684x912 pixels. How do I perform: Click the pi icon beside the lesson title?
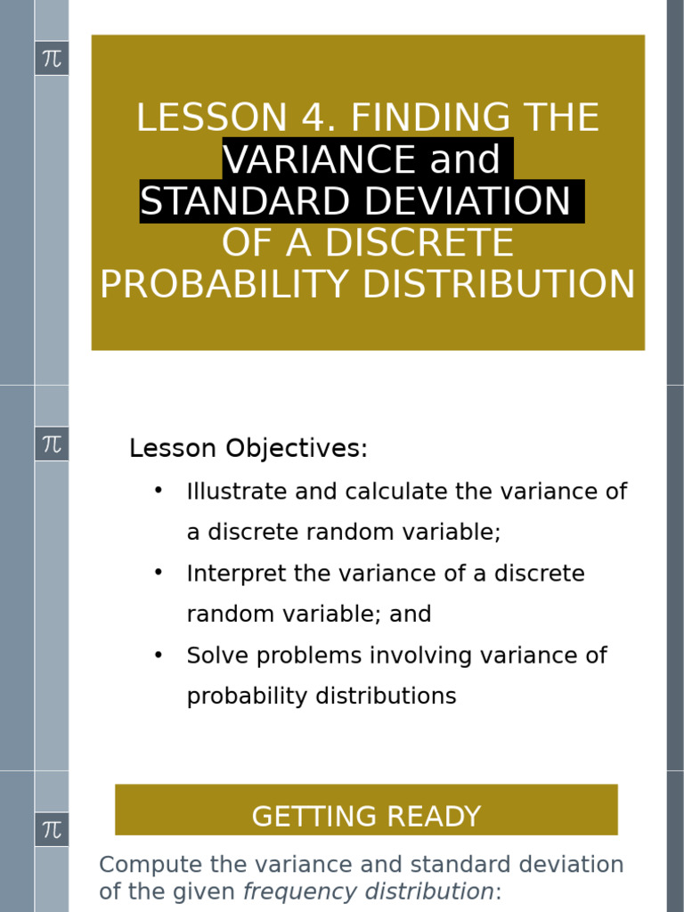pos(52,59)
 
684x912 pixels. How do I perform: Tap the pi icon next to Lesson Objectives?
pos(52,444)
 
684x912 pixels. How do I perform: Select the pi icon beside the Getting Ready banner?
pos(52,830)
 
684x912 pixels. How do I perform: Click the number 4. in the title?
pos(320,118)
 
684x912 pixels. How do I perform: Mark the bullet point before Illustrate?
pos(159,490)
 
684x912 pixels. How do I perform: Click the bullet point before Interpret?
pos(159,572)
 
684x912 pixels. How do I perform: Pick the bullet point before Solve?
pos(159,654)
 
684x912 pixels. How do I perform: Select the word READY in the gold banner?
pos(437,817)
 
